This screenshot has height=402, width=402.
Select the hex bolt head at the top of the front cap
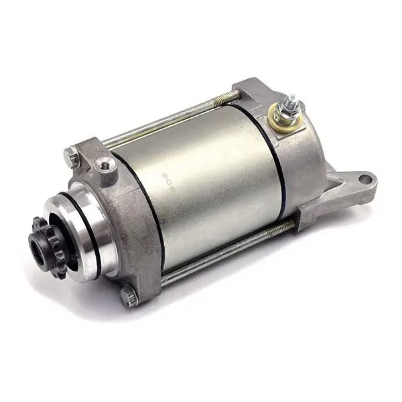pyautogui.click(x=72, y=157)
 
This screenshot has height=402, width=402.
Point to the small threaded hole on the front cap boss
pyautogui.click(x=105, y=165)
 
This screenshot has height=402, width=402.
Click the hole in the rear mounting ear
pyautogui.click(x=364, y=179)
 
